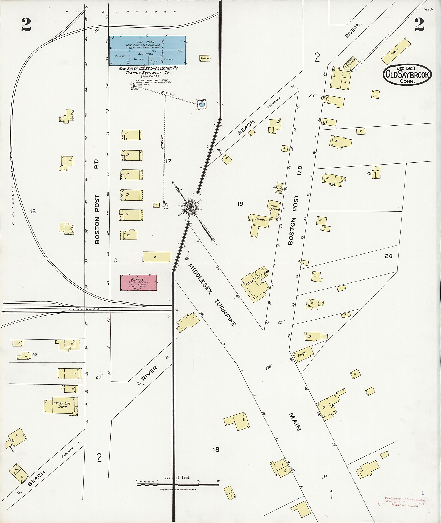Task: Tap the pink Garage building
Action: (138, 282)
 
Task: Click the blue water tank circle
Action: (202, 104)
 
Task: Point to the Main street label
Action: (295, 422)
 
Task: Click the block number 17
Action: (169, 161)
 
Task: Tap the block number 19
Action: (240, 204)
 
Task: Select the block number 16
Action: (33, 211)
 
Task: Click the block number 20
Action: (389, 256)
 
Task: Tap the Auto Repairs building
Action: (274, 208)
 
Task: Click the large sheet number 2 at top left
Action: (26, 25)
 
